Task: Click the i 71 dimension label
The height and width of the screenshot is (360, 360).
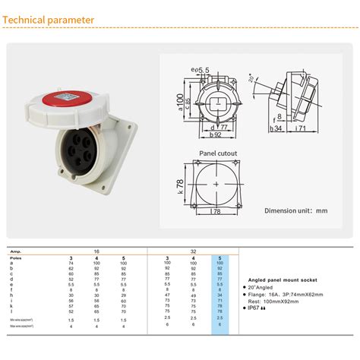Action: (x=300, y=129)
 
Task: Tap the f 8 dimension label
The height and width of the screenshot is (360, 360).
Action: (x=279, y=117)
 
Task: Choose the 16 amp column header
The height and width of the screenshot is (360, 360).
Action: (x=96, y=251)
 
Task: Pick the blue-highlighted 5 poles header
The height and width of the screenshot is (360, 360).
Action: (x=220, y=258)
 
